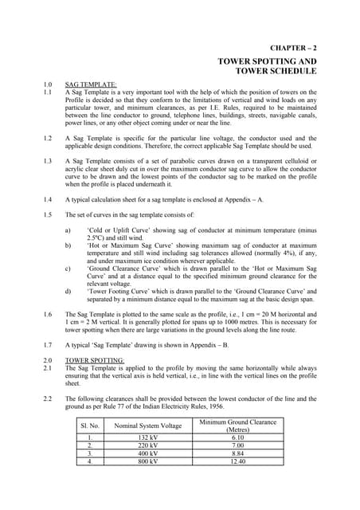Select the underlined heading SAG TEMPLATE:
[x=90, y=84]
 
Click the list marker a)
[x=68, y=230]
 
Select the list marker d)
[x=68, y=292]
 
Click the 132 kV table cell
[x=148, y=437]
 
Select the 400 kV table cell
[x=148, y=453]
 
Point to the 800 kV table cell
[x=148, y=461]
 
